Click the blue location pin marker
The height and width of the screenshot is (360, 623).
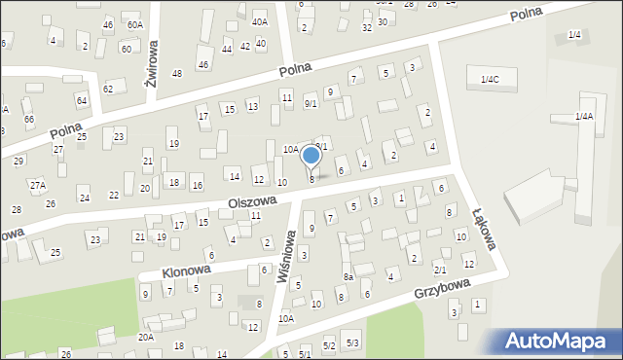click(x=311, y=156)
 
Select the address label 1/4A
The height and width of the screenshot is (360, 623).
click(x=584, y=117)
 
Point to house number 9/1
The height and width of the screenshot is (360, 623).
click(x=311, y=104)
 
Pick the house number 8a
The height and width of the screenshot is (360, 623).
click(x=348, y=277)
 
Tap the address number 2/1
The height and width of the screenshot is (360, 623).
click(x=440, y=270)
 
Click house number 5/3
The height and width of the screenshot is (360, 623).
click(x=352, y=343)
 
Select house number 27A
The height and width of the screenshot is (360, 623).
click(x=37, y=185)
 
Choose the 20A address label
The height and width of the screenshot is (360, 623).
click(x=145, y=337)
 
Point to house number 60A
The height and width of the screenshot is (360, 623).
click(x=134, y=24)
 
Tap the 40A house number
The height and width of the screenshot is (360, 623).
click(x=259, y=21)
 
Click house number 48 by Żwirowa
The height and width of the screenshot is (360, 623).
click(x=177, y=74)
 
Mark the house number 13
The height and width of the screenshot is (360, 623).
click(x=252, y=106)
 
